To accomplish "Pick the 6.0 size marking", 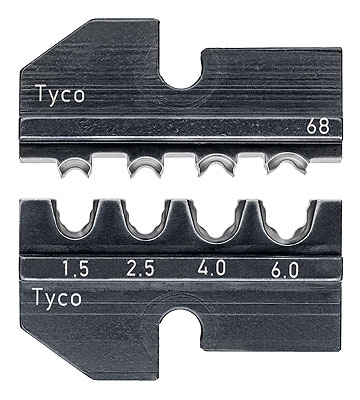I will pos(285,268).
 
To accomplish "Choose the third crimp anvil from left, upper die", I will pos(215,162).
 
